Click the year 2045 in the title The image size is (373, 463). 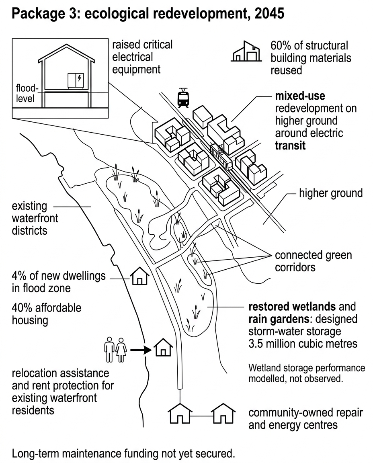[x=269, y=13]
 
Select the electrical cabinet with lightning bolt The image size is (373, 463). [x=76, y=81]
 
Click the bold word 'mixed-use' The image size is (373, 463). [x=300, y=96]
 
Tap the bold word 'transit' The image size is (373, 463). [x=290, y=145]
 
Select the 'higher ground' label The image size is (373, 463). [x=331, y=193]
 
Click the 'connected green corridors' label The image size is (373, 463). [x=314, y=261]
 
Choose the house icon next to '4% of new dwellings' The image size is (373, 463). [x=140, y=276]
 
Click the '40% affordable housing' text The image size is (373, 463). [x=46, y=314]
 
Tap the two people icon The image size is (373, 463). [x=115, y=350]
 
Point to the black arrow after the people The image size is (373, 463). [x=141, y=350]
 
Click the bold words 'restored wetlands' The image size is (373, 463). [x=292, y=307]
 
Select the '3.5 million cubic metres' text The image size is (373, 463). [x=303, y=344]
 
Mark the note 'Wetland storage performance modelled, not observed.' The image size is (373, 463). [x=307, y=373]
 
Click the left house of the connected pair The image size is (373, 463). [x=180, y=413]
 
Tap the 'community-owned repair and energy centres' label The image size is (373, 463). [x=305, y=419]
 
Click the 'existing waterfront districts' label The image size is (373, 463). [x=35, y=218]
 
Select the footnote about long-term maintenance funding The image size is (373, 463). [x=123, y=453]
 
